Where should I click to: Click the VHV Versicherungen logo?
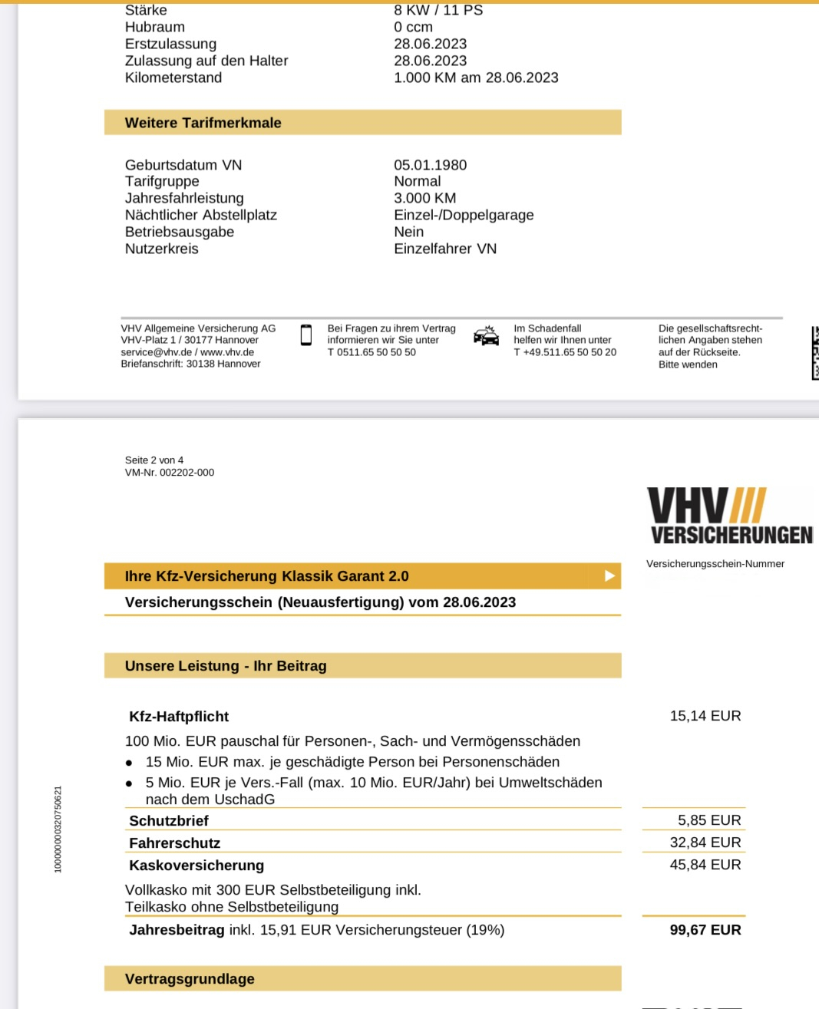click(730, 516)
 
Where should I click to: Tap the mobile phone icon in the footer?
click(306, 335)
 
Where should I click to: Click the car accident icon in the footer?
click(486, 336)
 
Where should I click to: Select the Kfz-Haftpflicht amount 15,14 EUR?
click(705, 716)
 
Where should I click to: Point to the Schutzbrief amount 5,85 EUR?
click(708, 820)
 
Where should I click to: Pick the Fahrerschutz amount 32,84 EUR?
click(705, 842)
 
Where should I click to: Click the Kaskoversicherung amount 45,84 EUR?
click(705, 865)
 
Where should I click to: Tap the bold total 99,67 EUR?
click(705, 930)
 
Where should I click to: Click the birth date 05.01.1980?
click(430, 165)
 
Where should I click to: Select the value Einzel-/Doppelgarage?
click(464, 215)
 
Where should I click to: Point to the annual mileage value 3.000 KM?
click(424, 198)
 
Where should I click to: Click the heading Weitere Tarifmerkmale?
click(203, 123)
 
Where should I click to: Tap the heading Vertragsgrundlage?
click(190, 979)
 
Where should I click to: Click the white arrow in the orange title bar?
click(609, 575)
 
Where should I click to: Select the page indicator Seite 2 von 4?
click(154, 460)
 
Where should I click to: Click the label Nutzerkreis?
click(162, 249)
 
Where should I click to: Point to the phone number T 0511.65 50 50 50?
click(372, 352)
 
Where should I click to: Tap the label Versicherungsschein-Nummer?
click(715, 564)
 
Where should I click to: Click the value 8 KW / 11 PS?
click(438, 10)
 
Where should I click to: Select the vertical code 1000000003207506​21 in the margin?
click(58, 829)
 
